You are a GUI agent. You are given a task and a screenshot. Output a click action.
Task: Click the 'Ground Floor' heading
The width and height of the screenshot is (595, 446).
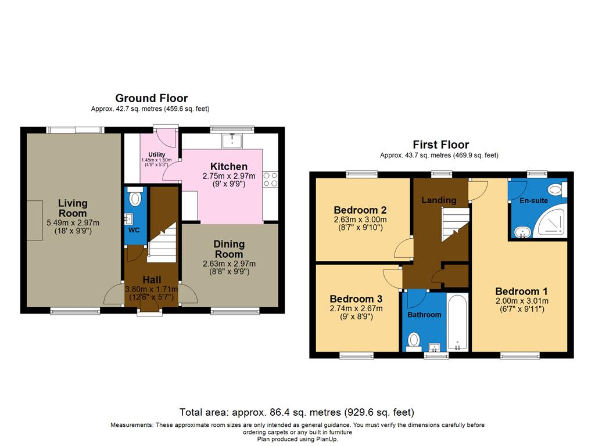tap(151, 98)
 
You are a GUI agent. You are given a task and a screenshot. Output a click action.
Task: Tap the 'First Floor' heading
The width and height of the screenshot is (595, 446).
tap(440, 145)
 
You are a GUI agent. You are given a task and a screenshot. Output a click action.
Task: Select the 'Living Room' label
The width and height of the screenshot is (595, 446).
tap(73, 208)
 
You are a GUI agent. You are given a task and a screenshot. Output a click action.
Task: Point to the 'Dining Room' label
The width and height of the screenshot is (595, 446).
tap(229, 249)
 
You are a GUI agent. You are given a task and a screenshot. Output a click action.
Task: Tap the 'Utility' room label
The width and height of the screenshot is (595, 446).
tap(157, 154)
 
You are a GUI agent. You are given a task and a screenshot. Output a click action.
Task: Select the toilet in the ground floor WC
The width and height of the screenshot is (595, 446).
tap(135, 199)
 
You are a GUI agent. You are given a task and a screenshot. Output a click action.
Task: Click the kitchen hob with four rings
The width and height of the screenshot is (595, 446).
tap(270, 179)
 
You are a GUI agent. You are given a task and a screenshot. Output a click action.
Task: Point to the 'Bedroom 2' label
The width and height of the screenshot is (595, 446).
tap(360, 210)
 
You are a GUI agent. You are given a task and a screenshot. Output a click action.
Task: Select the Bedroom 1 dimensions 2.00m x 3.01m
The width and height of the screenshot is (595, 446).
tap(521, 301)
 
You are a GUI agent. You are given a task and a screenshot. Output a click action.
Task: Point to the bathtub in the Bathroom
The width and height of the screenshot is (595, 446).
tap(458, 322)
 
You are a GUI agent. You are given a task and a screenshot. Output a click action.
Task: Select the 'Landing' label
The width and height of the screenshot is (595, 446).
tap(439, 200)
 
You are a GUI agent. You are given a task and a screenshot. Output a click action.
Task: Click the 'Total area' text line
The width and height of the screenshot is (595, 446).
tap(297, 412)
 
